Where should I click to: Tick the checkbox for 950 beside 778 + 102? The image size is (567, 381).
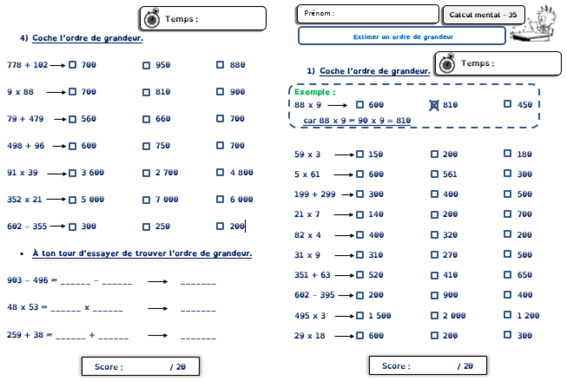coord(146,66)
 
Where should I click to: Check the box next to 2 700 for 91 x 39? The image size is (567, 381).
coord(146,173)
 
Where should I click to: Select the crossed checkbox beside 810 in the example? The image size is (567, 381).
coord(434,105)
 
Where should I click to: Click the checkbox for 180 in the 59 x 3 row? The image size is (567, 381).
coord(507,154)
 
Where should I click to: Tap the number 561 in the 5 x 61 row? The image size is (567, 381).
coord(450,174)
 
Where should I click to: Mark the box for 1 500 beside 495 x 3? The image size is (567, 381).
coord(360,316)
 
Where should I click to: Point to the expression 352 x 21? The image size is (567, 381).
coord(24,199)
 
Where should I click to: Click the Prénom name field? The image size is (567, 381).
coord(368,14)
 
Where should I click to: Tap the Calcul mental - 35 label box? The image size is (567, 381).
coord(483,15)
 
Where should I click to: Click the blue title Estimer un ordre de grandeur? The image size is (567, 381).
coord(403,37)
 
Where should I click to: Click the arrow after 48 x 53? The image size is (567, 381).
coord(158,308)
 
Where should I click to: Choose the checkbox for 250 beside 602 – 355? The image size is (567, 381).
coord(146,227)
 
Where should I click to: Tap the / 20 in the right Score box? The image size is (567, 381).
coord(465,366)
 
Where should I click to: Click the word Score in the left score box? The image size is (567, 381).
coord(107,367)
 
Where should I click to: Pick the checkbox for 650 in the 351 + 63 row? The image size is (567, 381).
coord(507,275)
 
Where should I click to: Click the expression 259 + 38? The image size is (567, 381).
coord(25,335)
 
